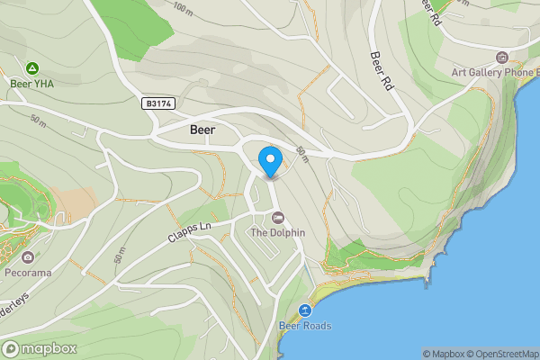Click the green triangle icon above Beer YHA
pos(32,67)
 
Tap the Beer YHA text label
pos(32,84)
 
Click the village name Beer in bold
pos(203,130)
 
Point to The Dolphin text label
pos(277,232)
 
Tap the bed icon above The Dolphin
pos(277,218)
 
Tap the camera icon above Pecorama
pos(29,256)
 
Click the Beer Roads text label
pos(304,326)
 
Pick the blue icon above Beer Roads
pos(304,310)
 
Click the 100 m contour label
pos(184,9)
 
